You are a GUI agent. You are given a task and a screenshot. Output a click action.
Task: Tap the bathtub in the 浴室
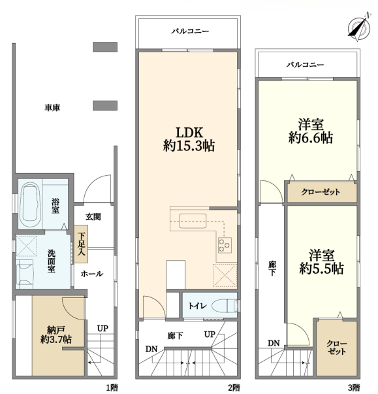(30, 205)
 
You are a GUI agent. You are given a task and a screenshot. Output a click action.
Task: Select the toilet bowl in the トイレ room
(224, 306)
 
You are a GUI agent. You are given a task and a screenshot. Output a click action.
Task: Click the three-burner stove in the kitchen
(225, 245)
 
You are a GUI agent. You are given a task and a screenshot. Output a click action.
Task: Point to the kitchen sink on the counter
(193, 221)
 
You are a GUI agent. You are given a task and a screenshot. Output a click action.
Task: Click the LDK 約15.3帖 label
(189, 139)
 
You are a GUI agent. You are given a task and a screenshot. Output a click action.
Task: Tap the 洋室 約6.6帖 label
(311, 131)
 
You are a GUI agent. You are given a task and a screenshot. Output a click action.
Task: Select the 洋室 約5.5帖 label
(321, 262)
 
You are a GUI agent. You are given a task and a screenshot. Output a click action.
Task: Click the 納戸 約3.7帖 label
(56, 335)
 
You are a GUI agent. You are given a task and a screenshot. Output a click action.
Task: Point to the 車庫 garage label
(52, 108)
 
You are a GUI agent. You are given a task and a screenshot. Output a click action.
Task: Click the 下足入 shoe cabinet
(81, 244)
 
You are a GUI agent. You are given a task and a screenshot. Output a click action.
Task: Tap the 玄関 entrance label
(93, 216)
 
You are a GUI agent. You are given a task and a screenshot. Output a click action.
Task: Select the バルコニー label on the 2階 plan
(190, 31)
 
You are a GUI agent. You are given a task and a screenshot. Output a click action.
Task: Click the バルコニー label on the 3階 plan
(306, 65)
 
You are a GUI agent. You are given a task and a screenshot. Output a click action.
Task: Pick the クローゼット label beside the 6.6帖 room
(321, 192)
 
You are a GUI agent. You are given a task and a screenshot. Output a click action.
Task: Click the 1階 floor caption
(112, 387)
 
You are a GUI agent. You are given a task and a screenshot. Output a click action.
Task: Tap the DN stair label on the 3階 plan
(274, 343)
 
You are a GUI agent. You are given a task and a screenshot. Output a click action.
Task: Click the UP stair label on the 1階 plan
(102, 328)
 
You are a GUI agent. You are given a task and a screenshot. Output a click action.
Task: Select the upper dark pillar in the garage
(105, 47)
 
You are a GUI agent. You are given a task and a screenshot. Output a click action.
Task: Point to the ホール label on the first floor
(92, 274)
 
